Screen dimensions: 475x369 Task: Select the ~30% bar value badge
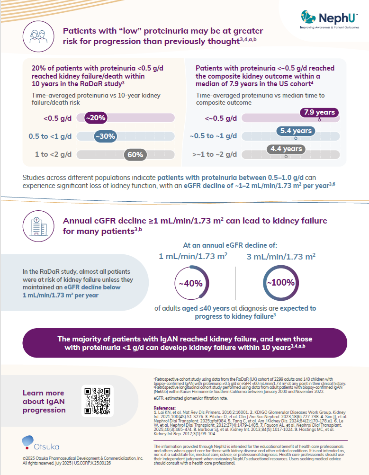(105, 136)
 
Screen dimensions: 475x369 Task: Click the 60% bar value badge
(135, 155)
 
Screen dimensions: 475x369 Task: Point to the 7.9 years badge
(319, 113)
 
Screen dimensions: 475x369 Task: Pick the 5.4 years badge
(296, 131)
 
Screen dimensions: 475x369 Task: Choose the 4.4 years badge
(286, 149)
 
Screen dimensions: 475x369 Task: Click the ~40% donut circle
(190, 283)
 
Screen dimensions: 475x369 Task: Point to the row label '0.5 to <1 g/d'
(50, 136)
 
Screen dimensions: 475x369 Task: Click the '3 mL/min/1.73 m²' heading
(281, 257)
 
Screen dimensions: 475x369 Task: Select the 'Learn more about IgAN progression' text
(44, 401)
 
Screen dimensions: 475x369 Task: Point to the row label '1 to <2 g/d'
(53, 155)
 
